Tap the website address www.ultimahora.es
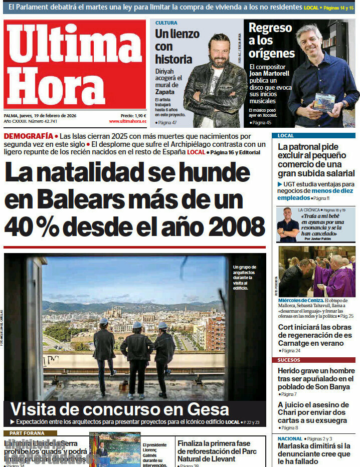coord(127,121)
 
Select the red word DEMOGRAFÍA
coord(28,136)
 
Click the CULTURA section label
coord(166,23)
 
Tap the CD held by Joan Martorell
coord(324,102)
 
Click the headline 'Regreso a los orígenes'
coord(271,41)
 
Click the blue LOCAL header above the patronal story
coord(286,136)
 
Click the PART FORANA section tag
coord(24,433)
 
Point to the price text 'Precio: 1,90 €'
coord(133,115)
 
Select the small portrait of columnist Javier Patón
coord(288,225)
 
